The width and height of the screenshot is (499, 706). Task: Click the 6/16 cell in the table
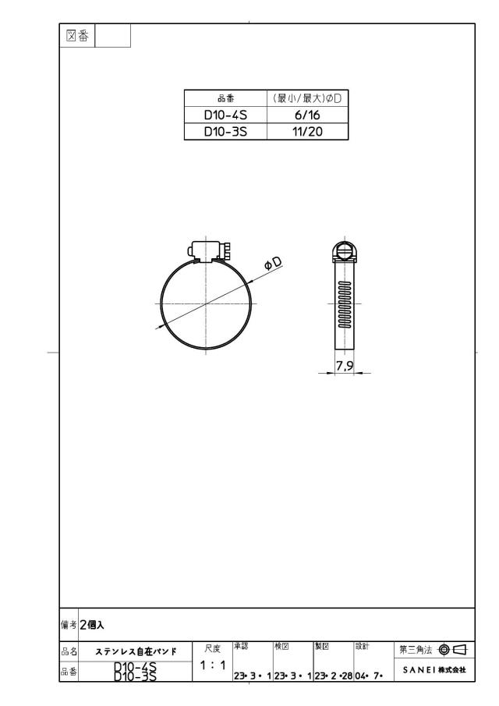point(307,115)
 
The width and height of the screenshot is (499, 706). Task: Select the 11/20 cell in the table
point(307,132)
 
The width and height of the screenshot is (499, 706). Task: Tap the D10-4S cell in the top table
point(225,115)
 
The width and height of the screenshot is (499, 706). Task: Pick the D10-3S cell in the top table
point(225,132)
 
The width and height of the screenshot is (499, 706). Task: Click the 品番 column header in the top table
point(225,98)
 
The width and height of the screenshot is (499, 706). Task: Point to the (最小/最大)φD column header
point(307,98)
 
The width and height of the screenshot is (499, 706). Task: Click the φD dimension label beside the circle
point(273,264)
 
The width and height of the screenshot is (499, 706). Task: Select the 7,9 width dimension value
point(344,367)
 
